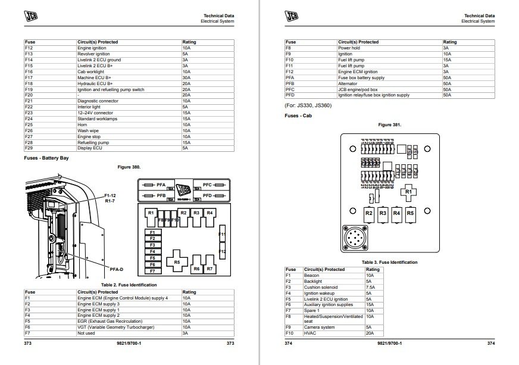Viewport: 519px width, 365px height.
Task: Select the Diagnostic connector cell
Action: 98,101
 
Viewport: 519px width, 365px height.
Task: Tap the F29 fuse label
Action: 29,148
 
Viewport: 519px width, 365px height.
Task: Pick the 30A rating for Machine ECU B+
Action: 186,77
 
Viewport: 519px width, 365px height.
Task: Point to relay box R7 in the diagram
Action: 209,269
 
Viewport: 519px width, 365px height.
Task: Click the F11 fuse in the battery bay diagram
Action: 223,234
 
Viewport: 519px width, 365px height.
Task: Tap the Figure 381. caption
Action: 389,125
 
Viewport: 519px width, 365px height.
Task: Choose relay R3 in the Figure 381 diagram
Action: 383,213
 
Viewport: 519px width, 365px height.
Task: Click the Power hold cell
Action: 349,48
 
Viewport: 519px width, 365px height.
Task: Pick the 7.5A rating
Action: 370,287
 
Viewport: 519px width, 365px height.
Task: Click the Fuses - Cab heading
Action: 299,115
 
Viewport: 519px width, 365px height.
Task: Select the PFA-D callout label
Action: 117,269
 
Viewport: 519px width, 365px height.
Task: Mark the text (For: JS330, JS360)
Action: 308,105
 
